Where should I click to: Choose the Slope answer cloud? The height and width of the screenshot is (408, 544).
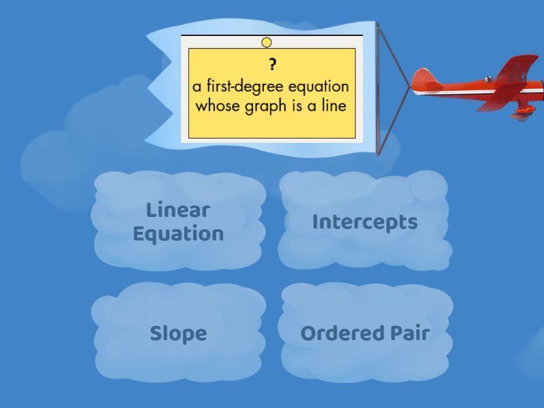click(178, 333)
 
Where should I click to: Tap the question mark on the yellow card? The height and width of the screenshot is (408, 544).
click(273, 65)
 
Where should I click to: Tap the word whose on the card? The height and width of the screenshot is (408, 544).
click(218, 105)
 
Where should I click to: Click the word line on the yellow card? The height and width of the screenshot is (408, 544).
click(334, 105)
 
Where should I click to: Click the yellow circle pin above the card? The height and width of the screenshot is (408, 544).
click(267, 42)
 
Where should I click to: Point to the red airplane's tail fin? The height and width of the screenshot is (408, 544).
click(424, 76)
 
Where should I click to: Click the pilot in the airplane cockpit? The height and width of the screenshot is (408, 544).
click(489, 79)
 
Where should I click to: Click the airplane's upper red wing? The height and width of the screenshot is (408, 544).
click(517, 67)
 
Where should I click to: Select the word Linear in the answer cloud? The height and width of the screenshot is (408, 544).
click(178, 210)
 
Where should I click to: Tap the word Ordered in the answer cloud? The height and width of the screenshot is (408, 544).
click(343, 333)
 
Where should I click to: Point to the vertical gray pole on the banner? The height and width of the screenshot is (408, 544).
click(377, 89)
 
